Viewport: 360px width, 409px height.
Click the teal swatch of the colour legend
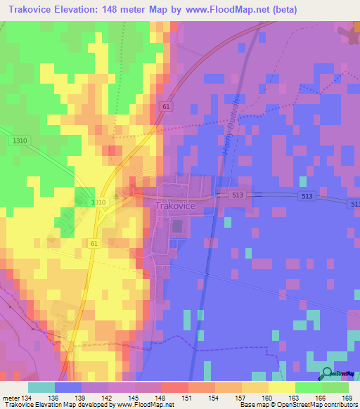pos(41,387)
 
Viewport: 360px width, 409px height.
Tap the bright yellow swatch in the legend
pos(281,387)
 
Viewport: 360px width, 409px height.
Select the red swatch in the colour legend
pos(174,387)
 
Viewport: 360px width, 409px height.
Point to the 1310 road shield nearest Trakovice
pos(98,202)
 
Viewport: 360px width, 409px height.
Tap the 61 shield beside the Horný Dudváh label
pos(185,106)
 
